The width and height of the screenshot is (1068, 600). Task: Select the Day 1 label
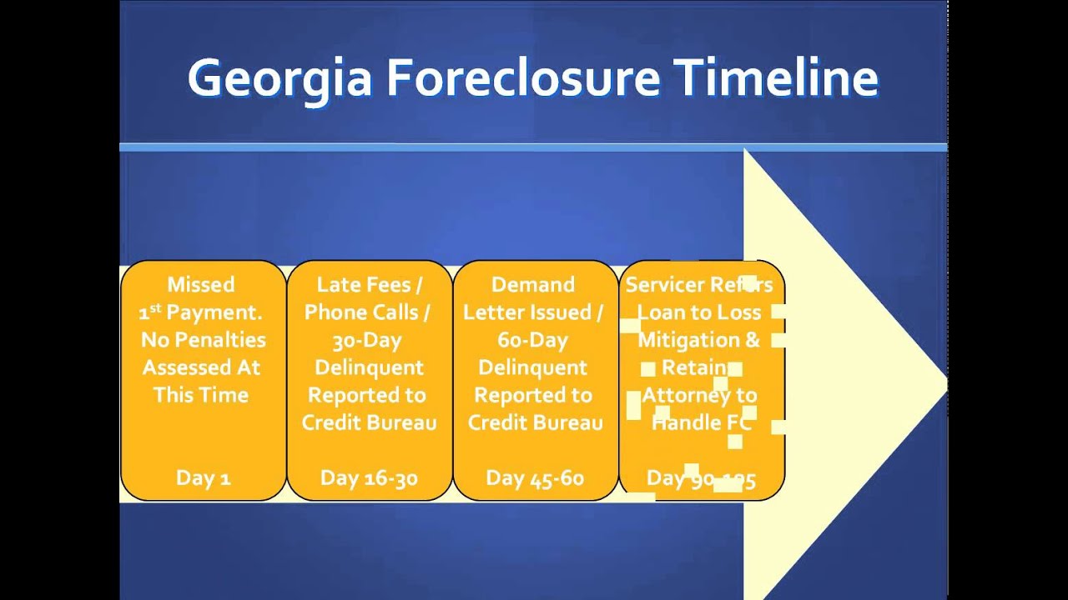pos(203,478)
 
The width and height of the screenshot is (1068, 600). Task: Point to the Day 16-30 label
pos(369,478)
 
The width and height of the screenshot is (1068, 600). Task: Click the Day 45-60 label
pos(535,478)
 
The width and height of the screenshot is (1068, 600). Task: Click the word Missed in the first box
pos(201,285)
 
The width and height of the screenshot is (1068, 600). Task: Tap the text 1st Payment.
pos(201,312)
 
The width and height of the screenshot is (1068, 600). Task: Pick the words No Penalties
pos(203,340)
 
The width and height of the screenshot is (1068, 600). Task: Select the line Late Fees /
pos(369,285)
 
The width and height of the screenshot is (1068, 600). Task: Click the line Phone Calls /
pos(367,312)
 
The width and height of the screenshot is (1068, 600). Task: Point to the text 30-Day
pos(367,340)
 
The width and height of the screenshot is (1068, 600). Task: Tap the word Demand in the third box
pos(533,285)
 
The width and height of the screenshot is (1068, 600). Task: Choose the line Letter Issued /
pos(533,312)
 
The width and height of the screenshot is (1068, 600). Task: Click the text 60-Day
pos(533,340)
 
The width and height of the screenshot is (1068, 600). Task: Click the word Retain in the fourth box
pos(694,367)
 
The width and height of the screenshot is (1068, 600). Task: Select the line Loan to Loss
pos(699,312)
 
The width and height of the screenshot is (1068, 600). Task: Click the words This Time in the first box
pos(201,395)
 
